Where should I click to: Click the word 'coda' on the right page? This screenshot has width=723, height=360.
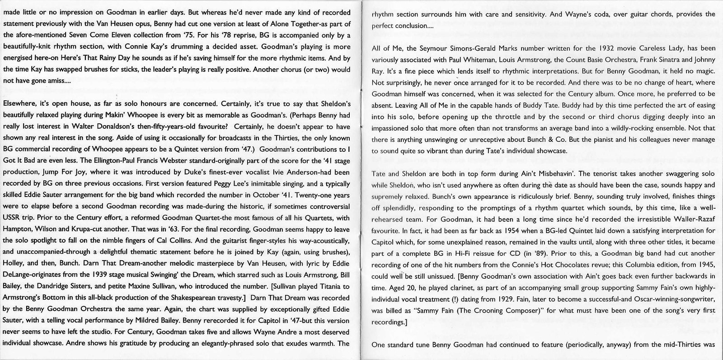tap(585, 14)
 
